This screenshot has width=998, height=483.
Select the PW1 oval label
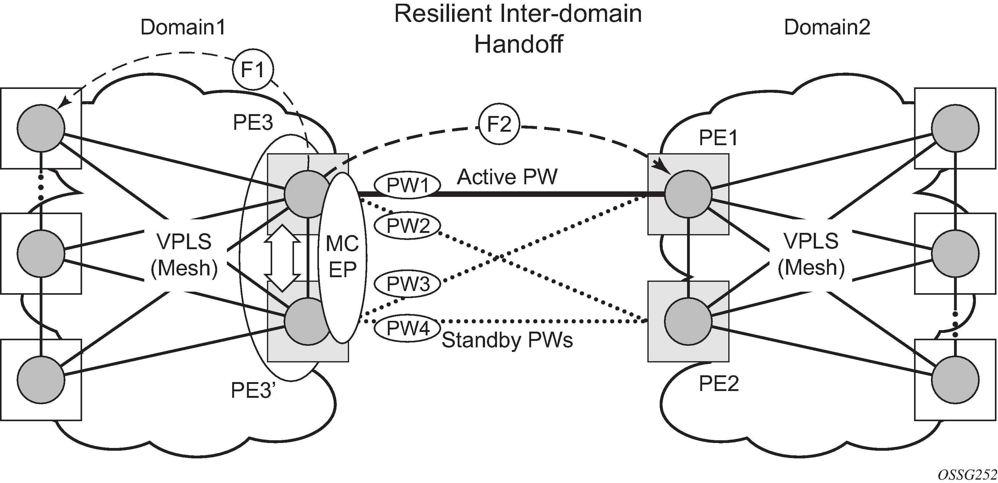408,185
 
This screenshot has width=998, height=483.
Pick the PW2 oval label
408,225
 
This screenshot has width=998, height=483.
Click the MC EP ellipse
343,258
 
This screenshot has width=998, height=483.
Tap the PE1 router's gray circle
688,194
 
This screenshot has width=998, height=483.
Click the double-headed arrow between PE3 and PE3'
282,258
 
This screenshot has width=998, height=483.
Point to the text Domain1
183,27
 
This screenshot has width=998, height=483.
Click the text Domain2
827,27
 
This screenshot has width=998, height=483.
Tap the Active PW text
507,177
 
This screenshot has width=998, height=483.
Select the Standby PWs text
507,340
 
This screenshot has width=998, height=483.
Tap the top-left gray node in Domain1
41,128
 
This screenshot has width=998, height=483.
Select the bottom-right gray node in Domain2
955,380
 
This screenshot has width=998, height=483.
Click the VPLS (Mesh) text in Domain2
811,254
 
